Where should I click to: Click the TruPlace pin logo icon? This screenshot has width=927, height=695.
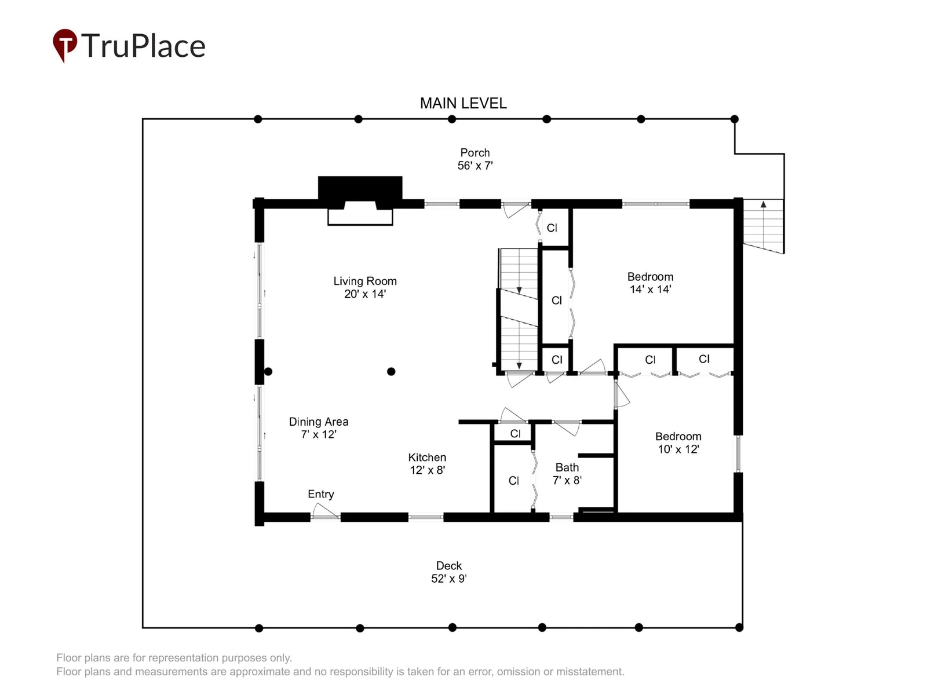65,45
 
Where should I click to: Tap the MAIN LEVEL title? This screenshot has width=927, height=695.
463,104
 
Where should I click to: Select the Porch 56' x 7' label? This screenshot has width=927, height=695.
475,159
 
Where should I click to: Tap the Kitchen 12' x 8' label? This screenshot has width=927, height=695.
427,464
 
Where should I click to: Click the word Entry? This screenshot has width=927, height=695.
320,494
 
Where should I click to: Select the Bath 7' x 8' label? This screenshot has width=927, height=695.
567,474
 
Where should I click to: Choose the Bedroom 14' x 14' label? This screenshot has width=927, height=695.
650,283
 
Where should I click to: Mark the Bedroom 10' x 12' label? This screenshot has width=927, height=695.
678,442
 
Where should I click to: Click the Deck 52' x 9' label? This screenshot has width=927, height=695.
448,572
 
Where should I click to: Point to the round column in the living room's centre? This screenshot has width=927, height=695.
391,371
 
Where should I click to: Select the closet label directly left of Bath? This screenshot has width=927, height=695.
513,481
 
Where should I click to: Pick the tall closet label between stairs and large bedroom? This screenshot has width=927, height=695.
557,301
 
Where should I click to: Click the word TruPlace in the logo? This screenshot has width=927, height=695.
143,45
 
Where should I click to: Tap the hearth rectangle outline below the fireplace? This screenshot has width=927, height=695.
360,217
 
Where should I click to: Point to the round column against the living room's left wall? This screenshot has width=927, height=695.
268,371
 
